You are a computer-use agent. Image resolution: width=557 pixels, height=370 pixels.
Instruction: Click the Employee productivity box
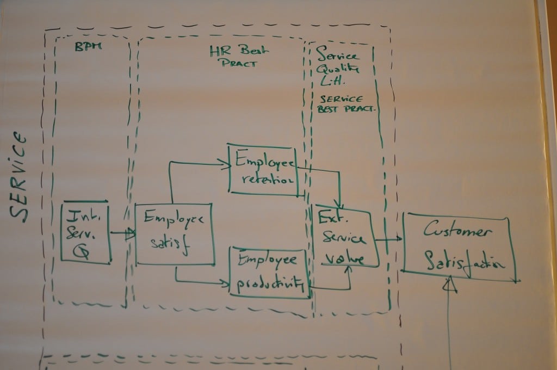coord(270,272)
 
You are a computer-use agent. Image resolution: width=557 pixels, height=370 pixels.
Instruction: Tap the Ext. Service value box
coord(343,237)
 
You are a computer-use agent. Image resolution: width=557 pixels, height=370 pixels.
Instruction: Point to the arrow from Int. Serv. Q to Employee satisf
coord(122,233)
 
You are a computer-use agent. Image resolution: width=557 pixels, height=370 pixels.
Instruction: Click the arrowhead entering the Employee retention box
coord(224,162)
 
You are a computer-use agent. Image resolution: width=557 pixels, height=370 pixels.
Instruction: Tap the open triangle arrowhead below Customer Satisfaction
coord(449,284)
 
